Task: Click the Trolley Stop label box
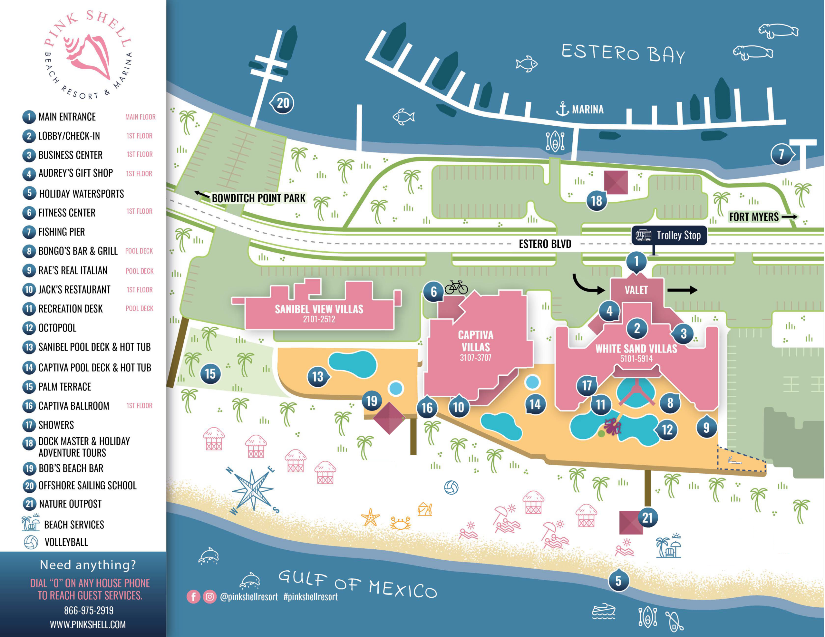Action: tap(669, 235)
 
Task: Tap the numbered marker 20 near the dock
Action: tap(282, 103)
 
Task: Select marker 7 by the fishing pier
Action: tap(781, 154)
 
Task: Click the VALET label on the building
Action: tap(636, 290)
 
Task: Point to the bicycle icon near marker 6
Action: tap(456, 287)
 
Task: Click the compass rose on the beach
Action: tap(252, 490)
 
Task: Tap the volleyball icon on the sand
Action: tap(451, 487)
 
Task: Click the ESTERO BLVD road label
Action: tap(545, 244)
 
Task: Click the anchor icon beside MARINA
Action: tap(562, 109)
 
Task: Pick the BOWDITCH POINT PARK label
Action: tap(258, 198)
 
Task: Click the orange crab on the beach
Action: tap(400, 523)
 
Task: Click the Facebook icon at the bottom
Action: tap(193, 597)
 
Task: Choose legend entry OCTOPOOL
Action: tap(57, 328)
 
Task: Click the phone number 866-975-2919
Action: tap(89, 610)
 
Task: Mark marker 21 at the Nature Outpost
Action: tap(647, 518)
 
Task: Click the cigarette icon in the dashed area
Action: tap(734, 460)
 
